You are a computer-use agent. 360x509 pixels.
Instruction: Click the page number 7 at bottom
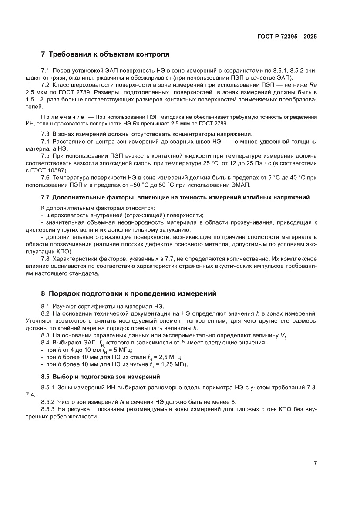[315, 463]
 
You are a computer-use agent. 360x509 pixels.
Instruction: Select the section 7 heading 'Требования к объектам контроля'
[105, 55]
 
